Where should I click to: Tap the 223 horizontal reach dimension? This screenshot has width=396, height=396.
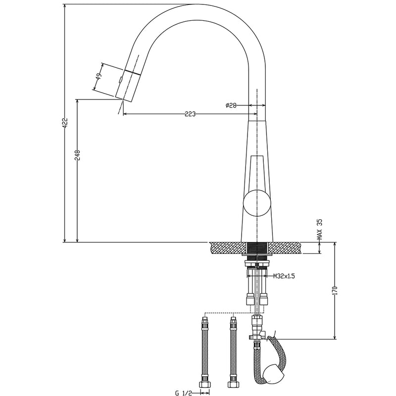[x=189, y=114]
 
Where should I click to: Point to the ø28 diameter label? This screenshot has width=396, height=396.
[x=232, y=105]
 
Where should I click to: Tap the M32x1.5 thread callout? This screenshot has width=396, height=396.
[x=284, y=276]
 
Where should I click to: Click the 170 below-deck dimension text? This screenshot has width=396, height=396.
[x=335, y=291]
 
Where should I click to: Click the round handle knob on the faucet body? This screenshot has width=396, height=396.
[x=256, y=203]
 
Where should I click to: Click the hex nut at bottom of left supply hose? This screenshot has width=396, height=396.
[x=204, y=384]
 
